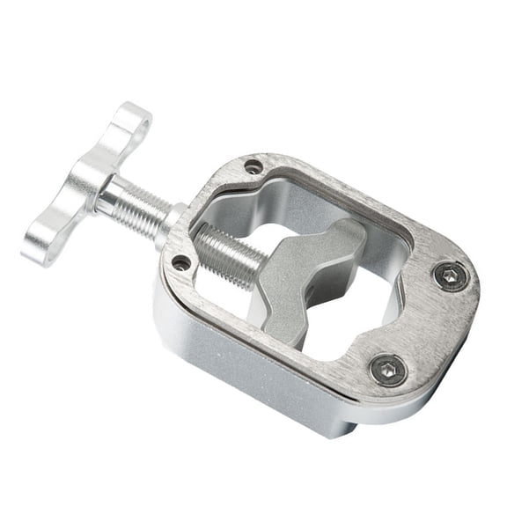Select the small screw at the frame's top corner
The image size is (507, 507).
click(253, 166)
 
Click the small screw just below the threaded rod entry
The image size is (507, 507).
click(181, 262)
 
